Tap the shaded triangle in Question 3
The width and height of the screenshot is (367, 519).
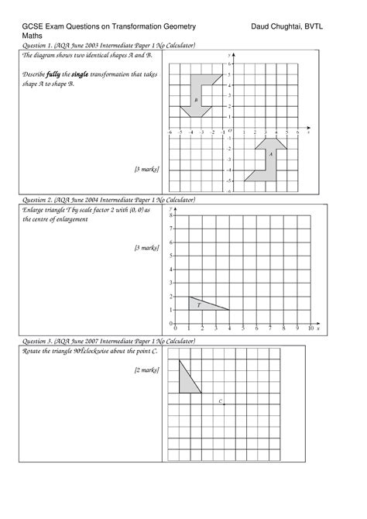coord(187,380)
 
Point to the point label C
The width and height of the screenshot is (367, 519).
coord(221,400)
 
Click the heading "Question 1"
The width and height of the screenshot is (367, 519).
coord(40,46)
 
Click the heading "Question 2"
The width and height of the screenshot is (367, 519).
coord(40,200)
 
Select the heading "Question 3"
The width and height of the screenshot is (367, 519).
coord(40,341)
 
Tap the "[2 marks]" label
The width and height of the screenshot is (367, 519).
coord(146,370)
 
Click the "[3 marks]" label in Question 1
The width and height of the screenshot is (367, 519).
coord(146,168)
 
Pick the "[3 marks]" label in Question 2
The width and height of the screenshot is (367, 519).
coord(146,248)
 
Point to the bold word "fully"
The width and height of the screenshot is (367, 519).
coord(57,74)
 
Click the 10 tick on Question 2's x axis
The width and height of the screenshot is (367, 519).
coord(310,329)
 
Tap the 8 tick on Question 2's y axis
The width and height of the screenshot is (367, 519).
coord(171,215)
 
